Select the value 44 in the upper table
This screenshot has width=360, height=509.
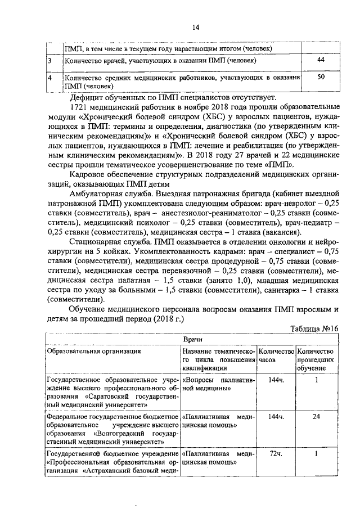coord(321,60)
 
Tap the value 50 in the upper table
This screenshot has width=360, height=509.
coord(321,78)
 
